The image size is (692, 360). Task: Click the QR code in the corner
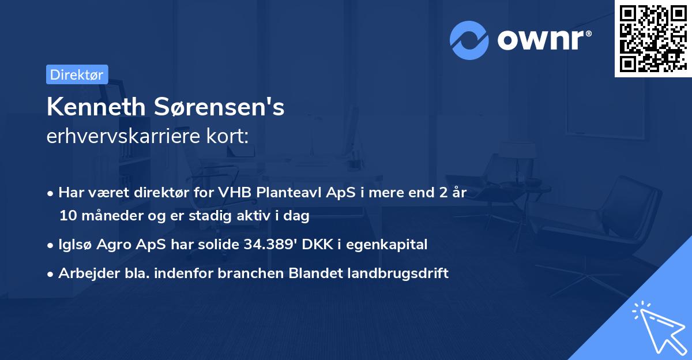point(653,39)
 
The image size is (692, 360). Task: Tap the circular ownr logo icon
point(469,40)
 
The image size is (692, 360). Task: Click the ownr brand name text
point(544,40)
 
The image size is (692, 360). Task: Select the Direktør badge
point(77,74)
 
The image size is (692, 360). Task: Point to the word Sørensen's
point(219,107)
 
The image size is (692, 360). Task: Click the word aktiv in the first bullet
point(248,216)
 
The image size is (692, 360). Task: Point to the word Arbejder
point(84,273)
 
